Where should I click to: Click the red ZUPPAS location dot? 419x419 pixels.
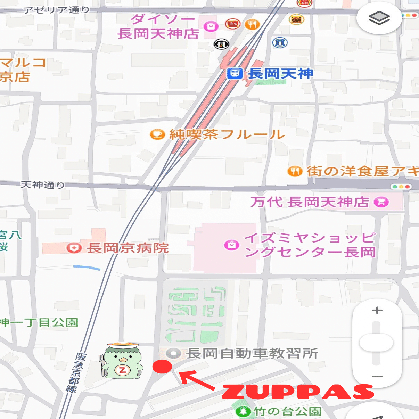(162, 366)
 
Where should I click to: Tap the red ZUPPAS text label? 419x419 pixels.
(298, 392)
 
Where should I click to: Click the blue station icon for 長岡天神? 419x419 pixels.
(235, 74)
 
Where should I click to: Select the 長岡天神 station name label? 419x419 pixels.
(280, 74)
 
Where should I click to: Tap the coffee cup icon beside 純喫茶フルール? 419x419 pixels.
(157, 134)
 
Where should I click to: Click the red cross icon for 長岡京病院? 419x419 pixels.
(74, 248)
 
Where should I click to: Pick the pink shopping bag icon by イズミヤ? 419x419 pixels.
(232, 245)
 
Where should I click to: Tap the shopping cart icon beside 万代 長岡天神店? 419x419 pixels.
(381, 202)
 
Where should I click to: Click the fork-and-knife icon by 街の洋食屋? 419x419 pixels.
(295, 171)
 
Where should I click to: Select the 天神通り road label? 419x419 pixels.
(42, 184)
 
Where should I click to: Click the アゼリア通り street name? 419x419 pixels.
(56, 10)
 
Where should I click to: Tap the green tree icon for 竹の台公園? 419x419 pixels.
(243, 412)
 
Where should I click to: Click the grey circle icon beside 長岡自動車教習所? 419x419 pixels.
(173, 354)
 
